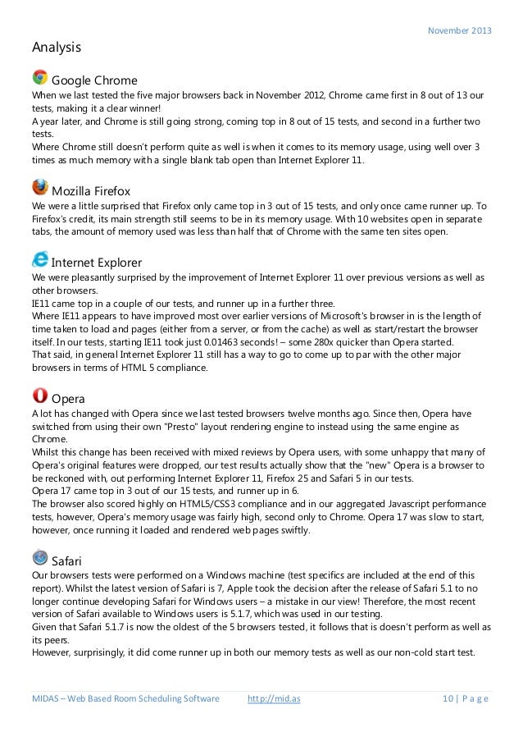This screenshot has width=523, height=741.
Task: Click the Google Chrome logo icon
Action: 39,77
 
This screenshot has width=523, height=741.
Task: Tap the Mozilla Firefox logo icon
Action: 39,185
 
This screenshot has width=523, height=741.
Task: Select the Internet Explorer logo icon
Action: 39,258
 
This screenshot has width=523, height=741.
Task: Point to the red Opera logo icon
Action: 39,373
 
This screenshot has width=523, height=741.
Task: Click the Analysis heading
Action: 57,48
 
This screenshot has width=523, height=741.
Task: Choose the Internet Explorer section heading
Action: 97,263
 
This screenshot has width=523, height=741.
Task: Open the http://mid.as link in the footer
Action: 274,698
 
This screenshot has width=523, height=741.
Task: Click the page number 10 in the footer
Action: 447,698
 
